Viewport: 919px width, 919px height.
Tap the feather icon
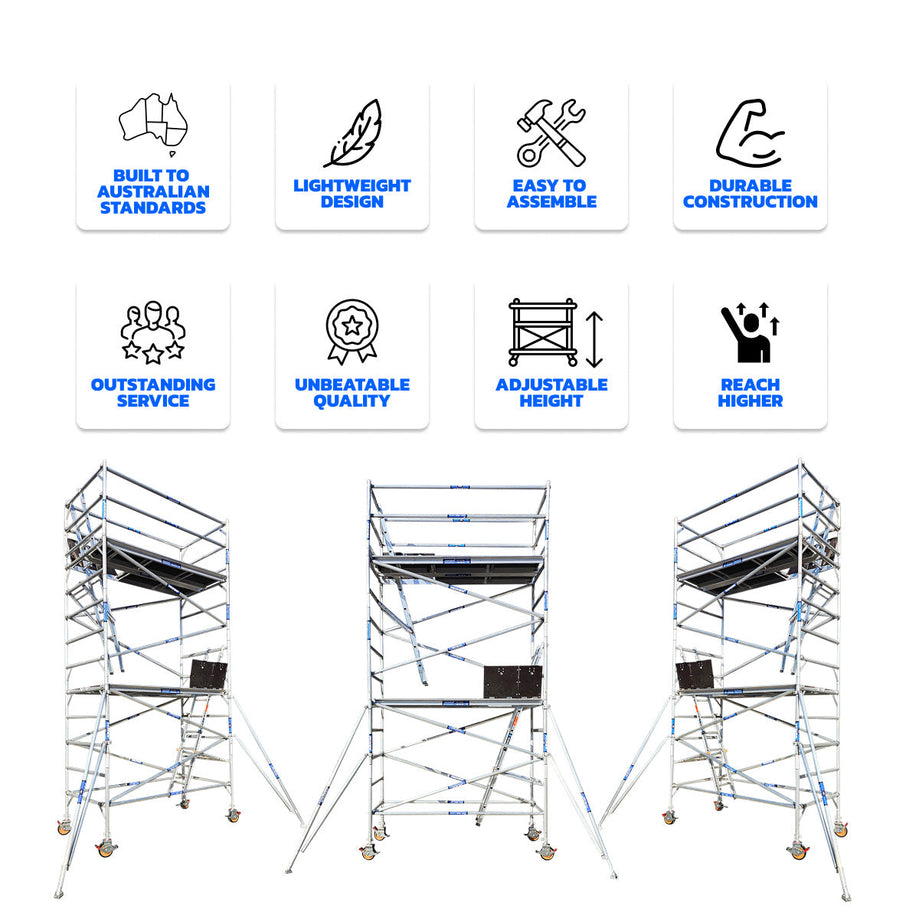(353, 134)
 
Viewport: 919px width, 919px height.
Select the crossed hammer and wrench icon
(551, 133)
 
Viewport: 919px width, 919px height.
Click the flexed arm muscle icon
(750, 133)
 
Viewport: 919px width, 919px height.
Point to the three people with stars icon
(153, 332)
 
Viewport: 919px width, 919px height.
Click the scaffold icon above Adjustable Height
(543, 332)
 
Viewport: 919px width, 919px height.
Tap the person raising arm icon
(750, 332)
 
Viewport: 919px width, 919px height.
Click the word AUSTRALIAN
(153, 192)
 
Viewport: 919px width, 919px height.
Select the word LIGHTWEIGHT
(352, 186)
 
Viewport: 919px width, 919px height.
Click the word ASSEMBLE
(552, 202)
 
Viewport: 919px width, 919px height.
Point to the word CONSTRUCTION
(750, 202)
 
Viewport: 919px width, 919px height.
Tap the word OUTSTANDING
(153, 385)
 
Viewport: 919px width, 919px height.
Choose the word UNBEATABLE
(352, 385)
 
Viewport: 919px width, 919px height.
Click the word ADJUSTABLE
(552, 385)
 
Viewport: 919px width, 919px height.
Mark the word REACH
(750, 385)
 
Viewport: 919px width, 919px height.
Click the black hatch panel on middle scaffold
(513, 682)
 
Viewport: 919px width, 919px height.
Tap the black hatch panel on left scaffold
(209, 675)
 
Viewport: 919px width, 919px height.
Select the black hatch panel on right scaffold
(695, 676)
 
